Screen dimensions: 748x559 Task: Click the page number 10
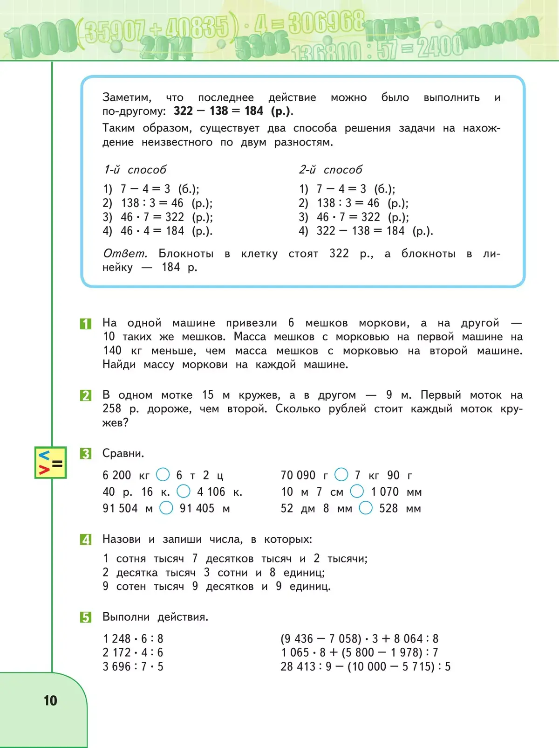pos(50,700)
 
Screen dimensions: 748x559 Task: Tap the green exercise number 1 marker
pos(86,324)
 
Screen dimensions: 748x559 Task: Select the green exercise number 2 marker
pos(86,395)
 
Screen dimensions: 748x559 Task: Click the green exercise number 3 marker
pos(86,454)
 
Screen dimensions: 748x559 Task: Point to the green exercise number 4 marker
pos(86,540)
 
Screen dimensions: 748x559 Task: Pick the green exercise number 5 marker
pos(86,617)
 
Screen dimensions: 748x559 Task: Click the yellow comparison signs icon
pos(50,463)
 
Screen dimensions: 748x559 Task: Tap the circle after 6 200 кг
pos(163,475)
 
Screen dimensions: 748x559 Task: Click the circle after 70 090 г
pos(341,475)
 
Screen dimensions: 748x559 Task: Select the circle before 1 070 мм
pos(357,491)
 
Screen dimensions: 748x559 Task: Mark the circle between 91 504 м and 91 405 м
pos(166,508)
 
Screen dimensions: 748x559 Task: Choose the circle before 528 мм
pos(366,508)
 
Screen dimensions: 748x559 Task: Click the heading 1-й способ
pos(135,170)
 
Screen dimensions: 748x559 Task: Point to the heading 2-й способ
pos(331,170)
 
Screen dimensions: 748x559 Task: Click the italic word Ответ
pos(125,253)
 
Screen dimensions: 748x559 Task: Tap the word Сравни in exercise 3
pos(123,453)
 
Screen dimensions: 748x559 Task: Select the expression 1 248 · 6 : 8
pos(133,638)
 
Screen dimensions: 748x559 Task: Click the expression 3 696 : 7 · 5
pos(133,666)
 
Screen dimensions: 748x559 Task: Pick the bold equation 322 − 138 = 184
pos(218,111)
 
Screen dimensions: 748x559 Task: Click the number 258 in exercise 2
pos(112,409)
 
